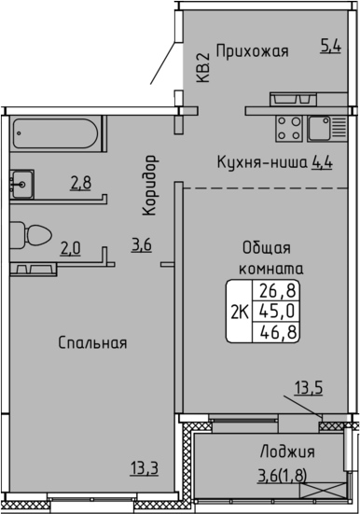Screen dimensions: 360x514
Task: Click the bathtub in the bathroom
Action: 55,133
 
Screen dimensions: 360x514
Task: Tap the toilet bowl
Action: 31,235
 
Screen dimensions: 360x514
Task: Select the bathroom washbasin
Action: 21,185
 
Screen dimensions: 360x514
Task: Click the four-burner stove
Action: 289,129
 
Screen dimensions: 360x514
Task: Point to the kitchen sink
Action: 326,129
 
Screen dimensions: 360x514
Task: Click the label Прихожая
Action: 252,52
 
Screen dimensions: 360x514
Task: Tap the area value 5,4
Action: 330,46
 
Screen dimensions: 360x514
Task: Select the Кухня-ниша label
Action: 262,162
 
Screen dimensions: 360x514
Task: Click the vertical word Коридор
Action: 150,186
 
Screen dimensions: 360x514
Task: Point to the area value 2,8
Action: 81,183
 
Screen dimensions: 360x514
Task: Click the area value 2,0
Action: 71,248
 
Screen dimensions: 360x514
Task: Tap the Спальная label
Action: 92,343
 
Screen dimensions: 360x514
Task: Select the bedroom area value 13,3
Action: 145,467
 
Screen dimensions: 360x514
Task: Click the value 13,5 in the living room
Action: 309,388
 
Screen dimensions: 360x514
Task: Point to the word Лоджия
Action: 287,451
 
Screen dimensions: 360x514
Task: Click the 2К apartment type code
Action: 240,312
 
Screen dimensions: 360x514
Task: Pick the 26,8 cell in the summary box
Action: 278,290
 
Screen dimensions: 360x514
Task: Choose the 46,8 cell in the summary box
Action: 278,332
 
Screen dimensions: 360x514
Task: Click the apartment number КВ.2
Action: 203,68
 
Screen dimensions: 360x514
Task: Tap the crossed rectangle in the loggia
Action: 323,491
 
